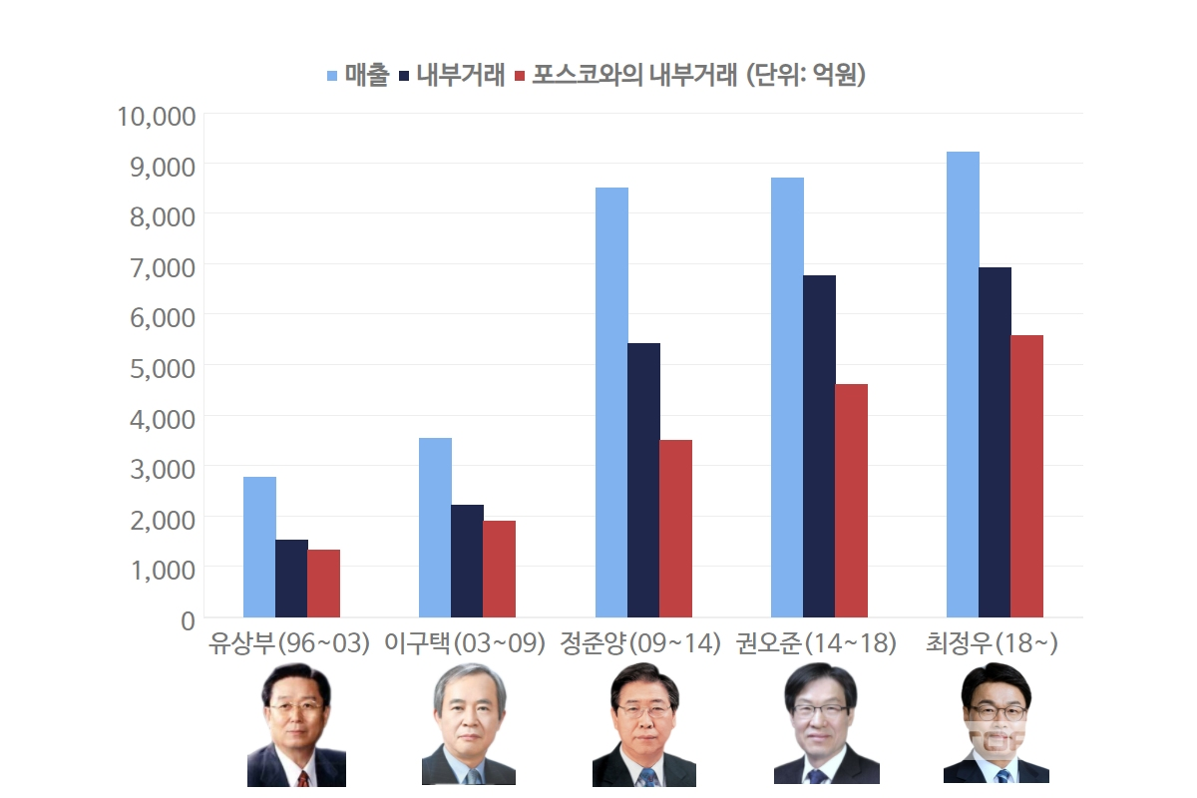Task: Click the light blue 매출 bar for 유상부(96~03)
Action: tap(259, 547)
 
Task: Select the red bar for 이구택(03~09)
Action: tap(499, 569)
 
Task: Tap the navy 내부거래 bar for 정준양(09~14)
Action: tap(643, 480)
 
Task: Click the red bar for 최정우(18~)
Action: tap(1026, 476)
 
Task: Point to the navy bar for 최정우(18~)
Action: tap(995, 442)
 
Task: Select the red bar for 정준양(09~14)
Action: tap(675, 529)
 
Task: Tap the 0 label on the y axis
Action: tap(187, 619)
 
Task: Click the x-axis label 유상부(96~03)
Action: tap(289, 643)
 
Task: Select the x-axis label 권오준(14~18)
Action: tap(816, 643)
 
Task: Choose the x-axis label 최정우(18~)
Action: tap(992, 643)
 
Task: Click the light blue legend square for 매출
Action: tap(333, 76)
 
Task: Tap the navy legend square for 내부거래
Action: tap(404, 76)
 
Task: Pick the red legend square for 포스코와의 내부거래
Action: tap(519, 76)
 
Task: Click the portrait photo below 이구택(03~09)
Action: tap(469, 723)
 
